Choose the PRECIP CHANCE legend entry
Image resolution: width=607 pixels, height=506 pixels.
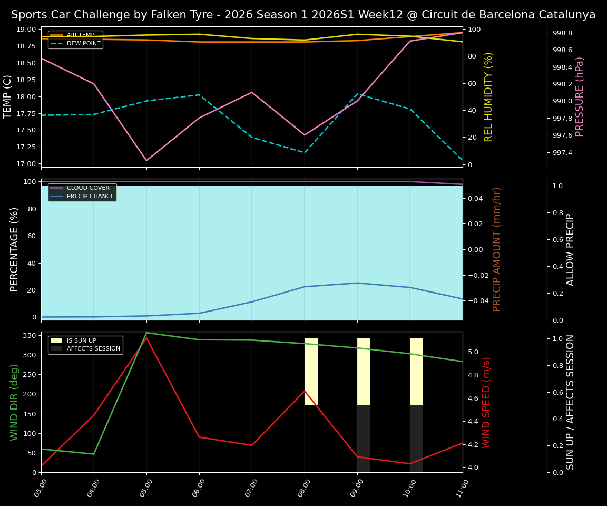coord(90,196)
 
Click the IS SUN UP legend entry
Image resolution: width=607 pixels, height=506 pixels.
coord(81,340)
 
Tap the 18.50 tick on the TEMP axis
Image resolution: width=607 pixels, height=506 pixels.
coord(25,63)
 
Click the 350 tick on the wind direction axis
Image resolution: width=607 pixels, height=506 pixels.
coord(30,335)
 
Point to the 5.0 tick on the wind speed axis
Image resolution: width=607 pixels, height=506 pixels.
coord(473,352)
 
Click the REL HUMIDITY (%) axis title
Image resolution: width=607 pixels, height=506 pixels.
coord(488,97)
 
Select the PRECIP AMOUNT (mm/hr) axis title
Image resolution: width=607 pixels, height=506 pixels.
coord(497,249)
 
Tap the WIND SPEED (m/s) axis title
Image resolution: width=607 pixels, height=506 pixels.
coord(486,402)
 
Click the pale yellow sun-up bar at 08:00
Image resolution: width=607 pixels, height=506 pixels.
coord(311,372)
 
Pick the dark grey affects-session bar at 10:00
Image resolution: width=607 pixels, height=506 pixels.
coord(416,439)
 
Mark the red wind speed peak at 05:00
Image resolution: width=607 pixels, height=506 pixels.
coord(146,338)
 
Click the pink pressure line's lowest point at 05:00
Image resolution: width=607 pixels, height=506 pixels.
coord(146,161)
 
